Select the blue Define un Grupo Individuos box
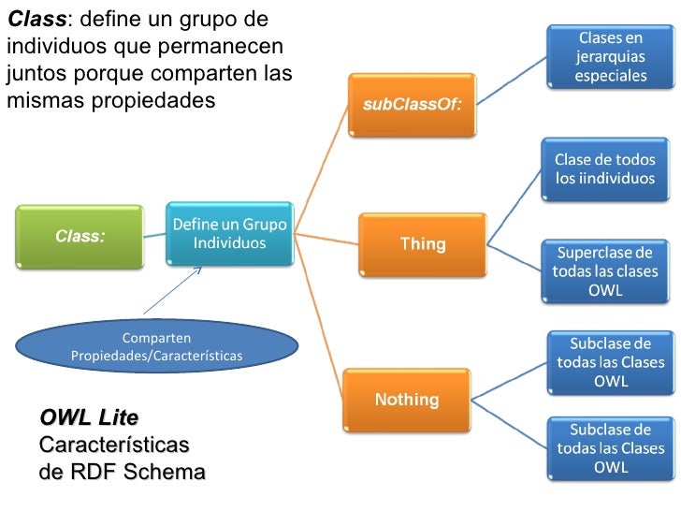[x=230, y=234]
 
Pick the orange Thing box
[x=423, y=244]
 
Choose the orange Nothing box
[x=407, y=400]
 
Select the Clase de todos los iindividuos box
[x=605, y=169]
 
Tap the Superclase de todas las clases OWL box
[x=605, y=271]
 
